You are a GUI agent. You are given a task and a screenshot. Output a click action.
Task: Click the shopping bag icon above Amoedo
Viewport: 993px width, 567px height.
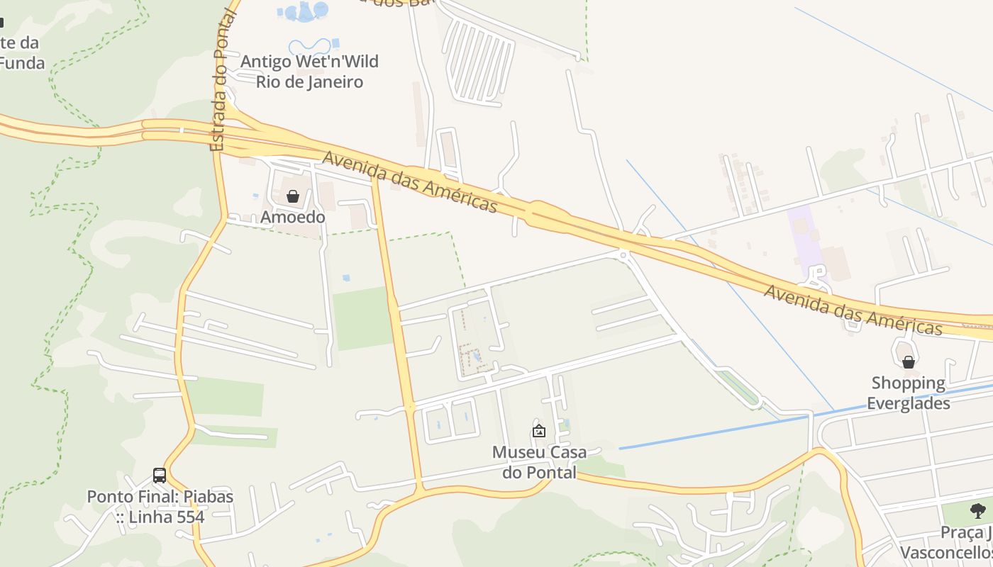292,196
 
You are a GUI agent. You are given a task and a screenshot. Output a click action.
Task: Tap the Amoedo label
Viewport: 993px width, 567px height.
293,217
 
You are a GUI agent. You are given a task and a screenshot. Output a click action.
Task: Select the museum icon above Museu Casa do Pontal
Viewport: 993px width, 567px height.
539,430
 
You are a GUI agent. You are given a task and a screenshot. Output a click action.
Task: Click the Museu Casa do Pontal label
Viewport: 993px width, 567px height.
539,462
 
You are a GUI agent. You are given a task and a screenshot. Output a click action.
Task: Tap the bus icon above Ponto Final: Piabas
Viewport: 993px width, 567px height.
160,476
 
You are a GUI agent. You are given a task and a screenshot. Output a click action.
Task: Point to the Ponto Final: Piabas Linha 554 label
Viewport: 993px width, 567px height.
160,507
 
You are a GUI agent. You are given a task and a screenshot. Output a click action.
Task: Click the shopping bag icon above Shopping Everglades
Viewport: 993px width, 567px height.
908,363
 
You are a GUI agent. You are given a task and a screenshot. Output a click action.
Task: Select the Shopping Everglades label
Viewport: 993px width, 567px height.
909,393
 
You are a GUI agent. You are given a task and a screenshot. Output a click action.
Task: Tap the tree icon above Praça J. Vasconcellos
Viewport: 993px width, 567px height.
977,510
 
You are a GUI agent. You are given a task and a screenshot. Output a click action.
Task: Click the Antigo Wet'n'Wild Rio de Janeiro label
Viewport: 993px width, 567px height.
309,72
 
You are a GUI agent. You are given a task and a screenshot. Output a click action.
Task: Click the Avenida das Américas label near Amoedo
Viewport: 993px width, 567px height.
410,181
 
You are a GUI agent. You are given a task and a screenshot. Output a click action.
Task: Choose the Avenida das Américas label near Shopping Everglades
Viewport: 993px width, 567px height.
853,310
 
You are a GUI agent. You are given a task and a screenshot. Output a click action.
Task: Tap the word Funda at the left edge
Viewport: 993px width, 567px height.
23,63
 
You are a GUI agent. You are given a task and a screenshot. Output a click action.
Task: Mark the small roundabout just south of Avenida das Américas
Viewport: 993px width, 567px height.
623,254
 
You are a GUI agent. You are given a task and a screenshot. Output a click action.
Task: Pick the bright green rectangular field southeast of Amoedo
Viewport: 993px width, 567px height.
362,318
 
